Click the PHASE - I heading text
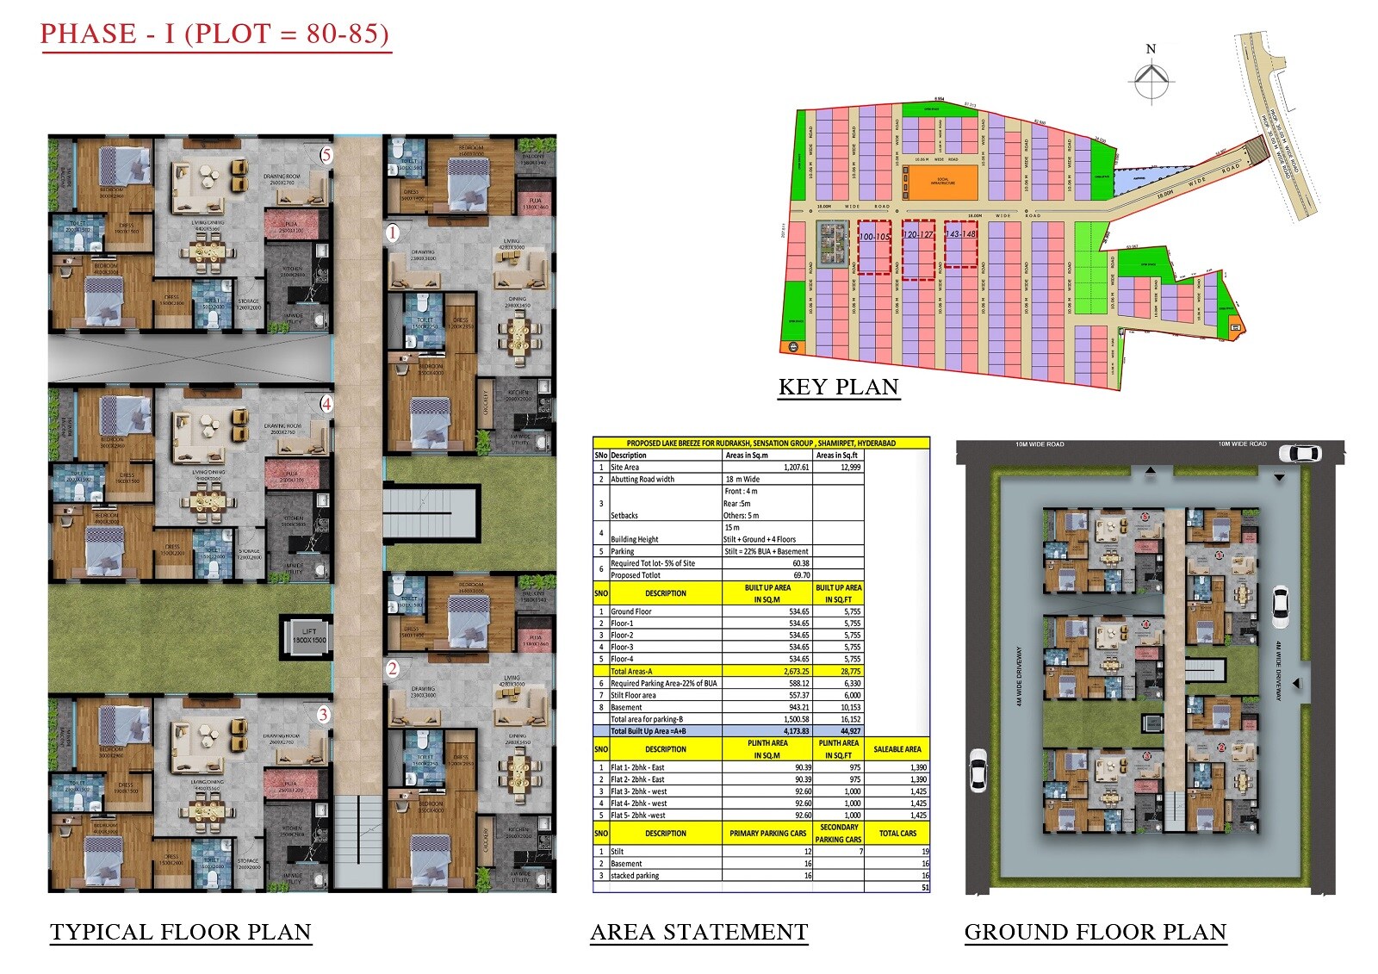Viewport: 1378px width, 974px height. [214, 34]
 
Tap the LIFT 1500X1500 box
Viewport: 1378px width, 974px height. [308, 636]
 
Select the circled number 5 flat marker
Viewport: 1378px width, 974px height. [326, 156]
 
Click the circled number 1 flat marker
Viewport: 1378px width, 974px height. [393, 233]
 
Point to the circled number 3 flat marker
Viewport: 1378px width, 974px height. [324, 714]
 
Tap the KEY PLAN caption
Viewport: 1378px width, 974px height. [838, 388]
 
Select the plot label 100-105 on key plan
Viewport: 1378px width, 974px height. [874, 236]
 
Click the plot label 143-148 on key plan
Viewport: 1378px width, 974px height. [961, 233]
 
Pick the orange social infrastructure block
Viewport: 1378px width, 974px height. [943, 182]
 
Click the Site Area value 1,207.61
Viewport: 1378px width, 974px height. [796, 468]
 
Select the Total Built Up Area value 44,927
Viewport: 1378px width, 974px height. [850, 731]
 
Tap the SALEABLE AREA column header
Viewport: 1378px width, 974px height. [897, 749]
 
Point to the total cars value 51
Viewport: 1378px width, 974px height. [925, 887]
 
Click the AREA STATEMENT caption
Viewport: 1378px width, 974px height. [698, 933]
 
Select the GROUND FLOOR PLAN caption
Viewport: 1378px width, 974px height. [1095, 933]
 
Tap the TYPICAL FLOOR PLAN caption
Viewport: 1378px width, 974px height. [180, 933]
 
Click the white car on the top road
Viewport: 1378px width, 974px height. [1300, 453]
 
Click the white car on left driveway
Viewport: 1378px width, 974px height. [978, 769]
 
